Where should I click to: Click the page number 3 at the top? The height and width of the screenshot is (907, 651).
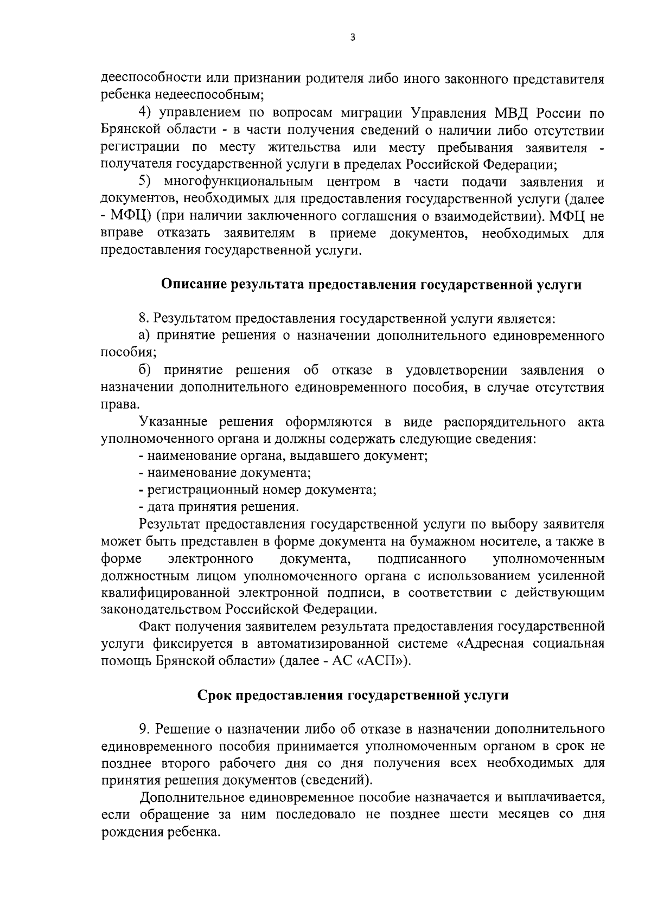[353, 38]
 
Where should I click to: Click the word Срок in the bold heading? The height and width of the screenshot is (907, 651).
[214, 696]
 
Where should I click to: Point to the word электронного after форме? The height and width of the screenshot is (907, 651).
[212, 558]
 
